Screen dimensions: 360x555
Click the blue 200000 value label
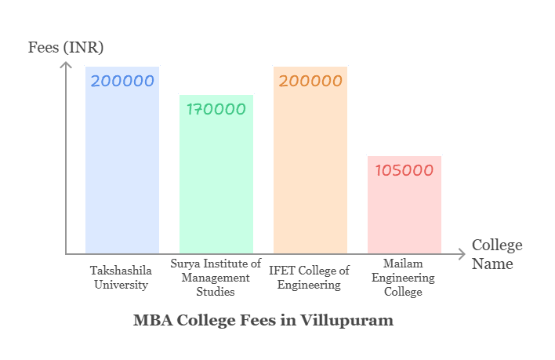(122, 81)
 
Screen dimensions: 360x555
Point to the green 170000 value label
(216, 109)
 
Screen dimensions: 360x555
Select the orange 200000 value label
(310, 81)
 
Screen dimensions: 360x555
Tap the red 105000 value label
(404, 170)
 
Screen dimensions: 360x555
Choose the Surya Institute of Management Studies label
(216, 277)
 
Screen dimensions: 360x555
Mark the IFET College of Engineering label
(310, 277)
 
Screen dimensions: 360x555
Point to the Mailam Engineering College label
(404, 277)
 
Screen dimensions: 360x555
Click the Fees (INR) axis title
(66, 47)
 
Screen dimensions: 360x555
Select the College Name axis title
(496, 254)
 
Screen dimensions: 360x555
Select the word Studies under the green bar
(216, 292)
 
